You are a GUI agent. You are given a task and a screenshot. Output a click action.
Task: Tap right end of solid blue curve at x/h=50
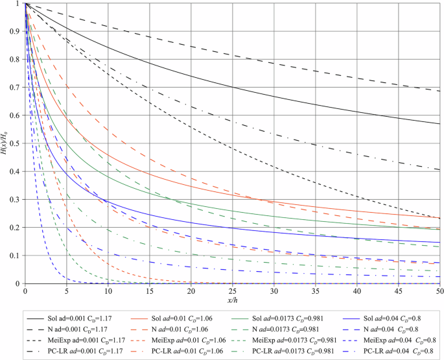(x=439, y=243)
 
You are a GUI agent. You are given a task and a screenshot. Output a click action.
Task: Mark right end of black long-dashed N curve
(x=439, y=91)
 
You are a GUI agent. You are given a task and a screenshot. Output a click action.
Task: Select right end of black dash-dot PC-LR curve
(x=439, y=170)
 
